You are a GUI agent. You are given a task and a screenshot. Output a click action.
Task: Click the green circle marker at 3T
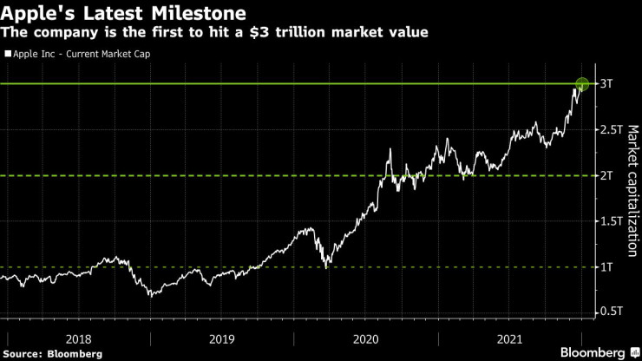(582, 84)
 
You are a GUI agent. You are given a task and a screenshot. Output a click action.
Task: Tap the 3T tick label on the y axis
(607, 84)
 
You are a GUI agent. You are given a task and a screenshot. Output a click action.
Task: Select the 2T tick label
(607, 175)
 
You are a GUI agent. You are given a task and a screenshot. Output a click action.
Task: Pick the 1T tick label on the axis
(607, 266)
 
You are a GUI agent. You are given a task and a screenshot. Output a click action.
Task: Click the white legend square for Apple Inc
(8, 54)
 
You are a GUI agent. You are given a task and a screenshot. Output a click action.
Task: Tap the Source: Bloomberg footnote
(53, 354)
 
